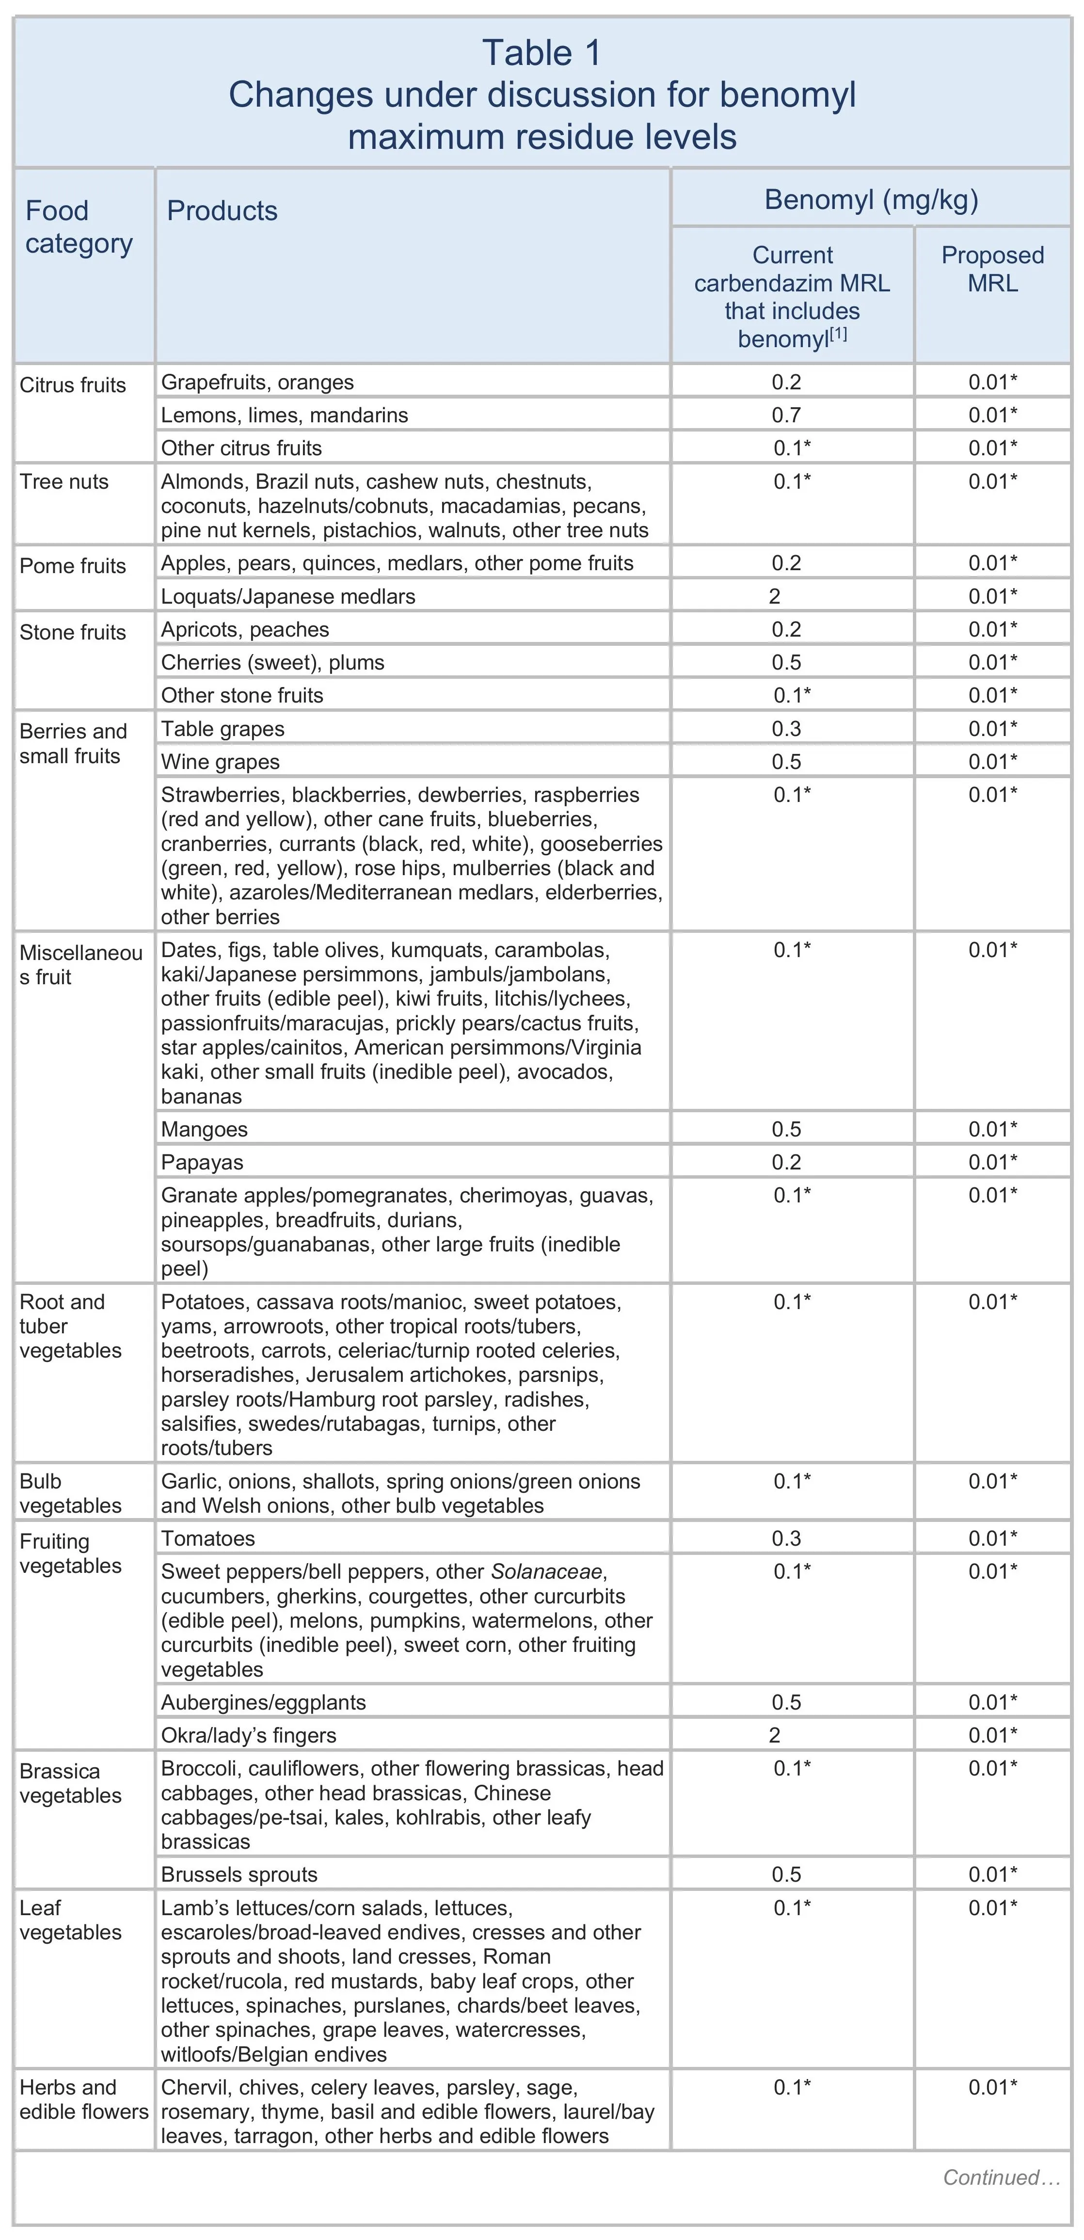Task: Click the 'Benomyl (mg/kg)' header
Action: coord(871,200)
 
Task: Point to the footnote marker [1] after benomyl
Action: coord(838,333)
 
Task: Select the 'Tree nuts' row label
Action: coord(64,482)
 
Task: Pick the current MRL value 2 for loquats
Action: coord(775,596)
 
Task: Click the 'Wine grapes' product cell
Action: coord(221,762)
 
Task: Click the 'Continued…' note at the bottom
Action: coord(1002,2177)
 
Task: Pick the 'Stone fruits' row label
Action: coord(73,632)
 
